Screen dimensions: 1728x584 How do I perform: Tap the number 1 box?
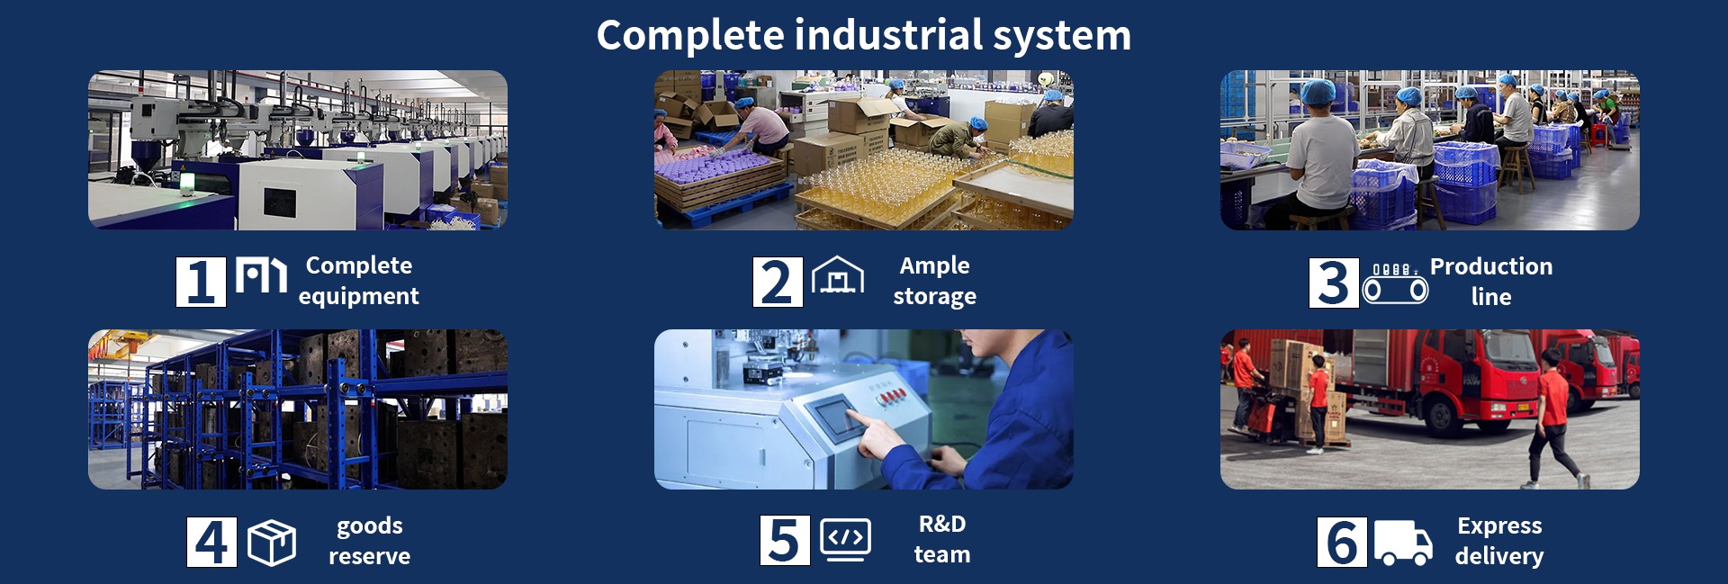201,282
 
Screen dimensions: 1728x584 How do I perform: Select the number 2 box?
778,282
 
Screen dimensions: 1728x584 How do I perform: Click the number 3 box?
1334,283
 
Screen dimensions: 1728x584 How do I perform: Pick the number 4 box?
211,542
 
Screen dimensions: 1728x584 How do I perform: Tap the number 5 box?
785,541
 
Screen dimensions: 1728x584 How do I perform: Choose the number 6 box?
1342,542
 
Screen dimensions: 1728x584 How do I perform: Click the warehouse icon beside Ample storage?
838,275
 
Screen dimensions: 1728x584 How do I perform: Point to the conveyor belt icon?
1395,283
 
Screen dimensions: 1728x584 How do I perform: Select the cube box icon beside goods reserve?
272,543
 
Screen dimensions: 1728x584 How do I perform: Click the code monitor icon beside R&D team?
846,540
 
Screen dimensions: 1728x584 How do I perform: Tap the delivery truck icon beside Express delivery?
1403,543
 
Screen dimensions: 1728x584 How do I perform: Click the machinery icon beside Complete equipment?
261,275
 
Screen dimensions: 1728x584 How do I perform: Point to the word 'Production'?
1491,266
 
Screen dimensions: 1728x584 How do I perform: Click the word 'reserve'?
369,557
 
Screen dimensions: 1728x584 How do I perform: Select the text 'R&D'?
942,524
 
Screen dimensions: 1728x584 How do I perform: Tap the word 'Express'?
1499,526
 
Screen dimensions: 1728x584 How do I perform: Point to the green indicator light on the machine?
187,184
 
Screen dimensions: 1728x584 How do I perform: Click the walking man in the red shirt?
1552,419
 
